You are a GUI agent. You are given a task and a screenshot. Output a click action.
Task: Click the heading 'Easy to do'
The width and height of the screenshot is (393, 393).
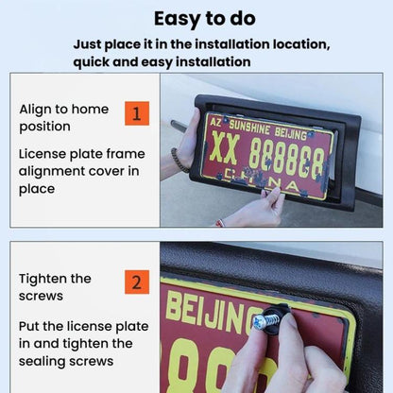click(x=205, y=19)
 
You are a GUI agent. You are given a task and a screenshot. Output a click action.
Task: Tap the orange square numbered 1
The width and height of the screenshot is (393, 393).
click(x=137, y=113)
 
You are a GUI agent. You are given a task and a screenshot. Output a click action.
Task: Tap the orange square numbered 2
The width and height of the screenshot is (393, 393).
click(x=137, y=282)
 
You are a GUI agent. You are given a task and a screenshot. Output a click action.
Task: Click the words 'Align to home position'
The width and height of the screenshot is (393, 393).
click(x=64, y=118)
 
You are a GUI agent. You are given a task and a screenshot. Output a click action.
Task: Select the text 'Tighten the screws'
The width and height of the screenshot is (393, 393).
click(x=55, y=287)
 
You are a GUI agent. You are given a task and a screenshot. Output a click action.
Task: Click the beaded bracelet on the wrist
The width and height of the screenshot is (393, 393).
click(x=179, y=160)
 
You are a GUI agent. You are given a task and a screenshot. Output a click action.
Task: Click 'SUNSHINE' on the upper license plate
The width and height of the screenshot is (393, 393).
click(x=249, y=128)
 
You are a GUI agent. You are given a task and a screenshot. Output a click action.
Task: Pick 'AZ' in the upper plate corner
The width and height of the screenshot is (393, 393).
click(x=215, y=122)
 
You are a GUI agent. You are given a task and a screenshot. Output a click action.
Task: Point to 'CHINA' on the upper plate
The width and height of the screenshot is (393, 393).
click(x=263, y=180)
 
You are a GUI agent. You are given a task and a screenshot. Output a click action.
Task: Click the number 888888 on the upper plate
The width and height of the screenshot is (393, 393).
click(x=286, y=158)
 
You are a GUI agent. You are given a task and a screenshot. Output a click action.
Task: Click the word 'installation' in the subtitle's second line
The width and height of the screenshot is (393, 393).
click(x=213, y=61)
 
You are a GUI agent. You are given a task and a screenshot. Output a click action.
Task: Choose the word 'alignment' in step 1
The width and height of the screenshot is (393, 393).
click(x=52, y=172)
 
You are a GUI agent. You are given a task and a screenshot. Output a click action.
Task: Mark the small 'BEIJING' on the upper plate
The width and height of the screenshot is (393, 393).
click(x=290, y=133)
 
